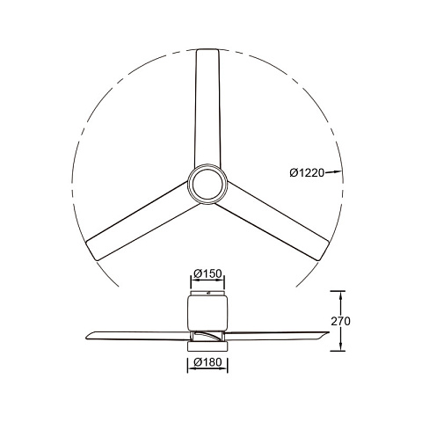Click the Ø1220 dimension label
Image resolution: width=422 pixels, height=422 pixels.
tap(307, 173)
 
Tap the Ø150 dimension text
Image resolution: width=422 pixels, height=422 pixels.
tap(207, 273)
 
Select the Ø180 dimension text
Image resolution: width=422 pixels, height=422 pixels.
tap(207, 362)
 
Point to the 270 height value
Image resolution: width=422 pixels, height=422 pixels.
tap(340, 322)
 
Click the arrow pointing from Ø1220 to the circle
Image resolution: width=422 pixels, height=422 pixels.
tap(333, 172)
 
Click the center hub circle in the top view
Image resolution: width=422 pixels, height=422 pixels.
tap(207, 185)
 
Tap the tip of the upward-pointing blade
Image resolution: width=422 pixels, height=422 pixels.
tap(207, 49)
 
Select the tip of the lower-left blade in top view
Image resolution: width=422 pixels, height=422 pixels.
tap(91, 251)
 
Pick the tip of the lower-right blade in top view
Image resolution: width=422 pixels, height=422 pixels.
tap(324, 251)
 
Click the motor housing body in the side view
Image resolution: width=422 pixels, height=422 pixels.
tap(207, 314)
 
